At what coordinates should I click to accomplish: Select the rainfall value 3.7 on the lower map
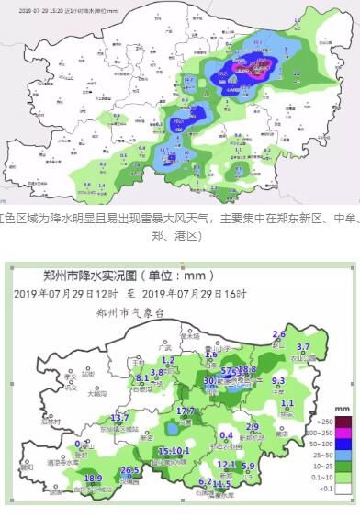[x=304, y=347]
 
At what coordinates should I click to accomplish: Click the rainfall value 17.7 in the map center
[x=186, y=411]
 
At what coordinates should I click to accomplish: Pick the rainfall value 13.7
[x=119, y=418]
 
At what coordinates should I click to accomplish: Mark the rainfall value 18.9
[x=93, y=479]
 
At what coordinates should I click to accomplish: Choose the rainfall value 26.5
[x=129, y=471]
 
